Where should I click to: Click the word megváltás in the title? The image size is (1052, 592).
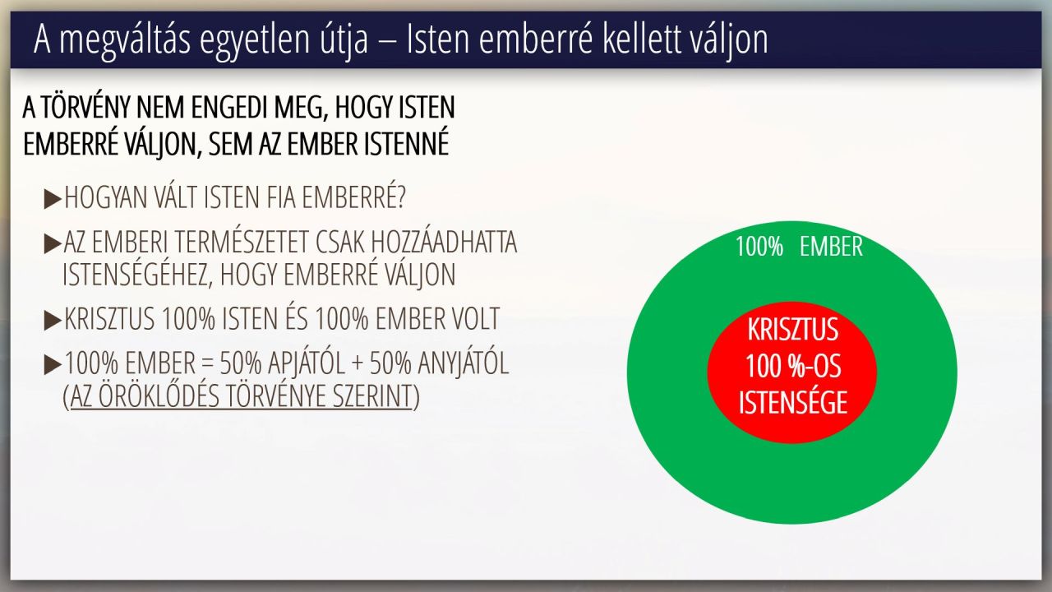(125, 40)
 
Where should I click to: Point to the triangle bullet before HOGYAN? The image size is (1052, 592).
(53, 198)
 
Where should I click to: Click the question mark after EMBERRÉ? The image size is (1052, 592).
(400, 197)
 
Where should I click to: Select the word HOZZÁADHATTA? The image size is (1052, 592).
(445, 243)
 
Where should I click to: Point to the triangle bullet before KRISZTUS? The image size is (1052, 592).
(53, 320)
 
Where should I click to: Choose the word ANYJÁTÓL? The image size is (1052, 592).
(463, 363)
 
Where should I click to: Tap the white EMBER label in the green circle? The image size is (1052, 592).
(831, 246)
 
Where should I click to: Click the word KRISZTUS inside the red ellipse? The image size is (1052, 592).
(793, 330)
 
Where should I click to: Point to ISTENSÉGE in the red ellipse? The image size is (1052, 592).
(793, 402)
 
